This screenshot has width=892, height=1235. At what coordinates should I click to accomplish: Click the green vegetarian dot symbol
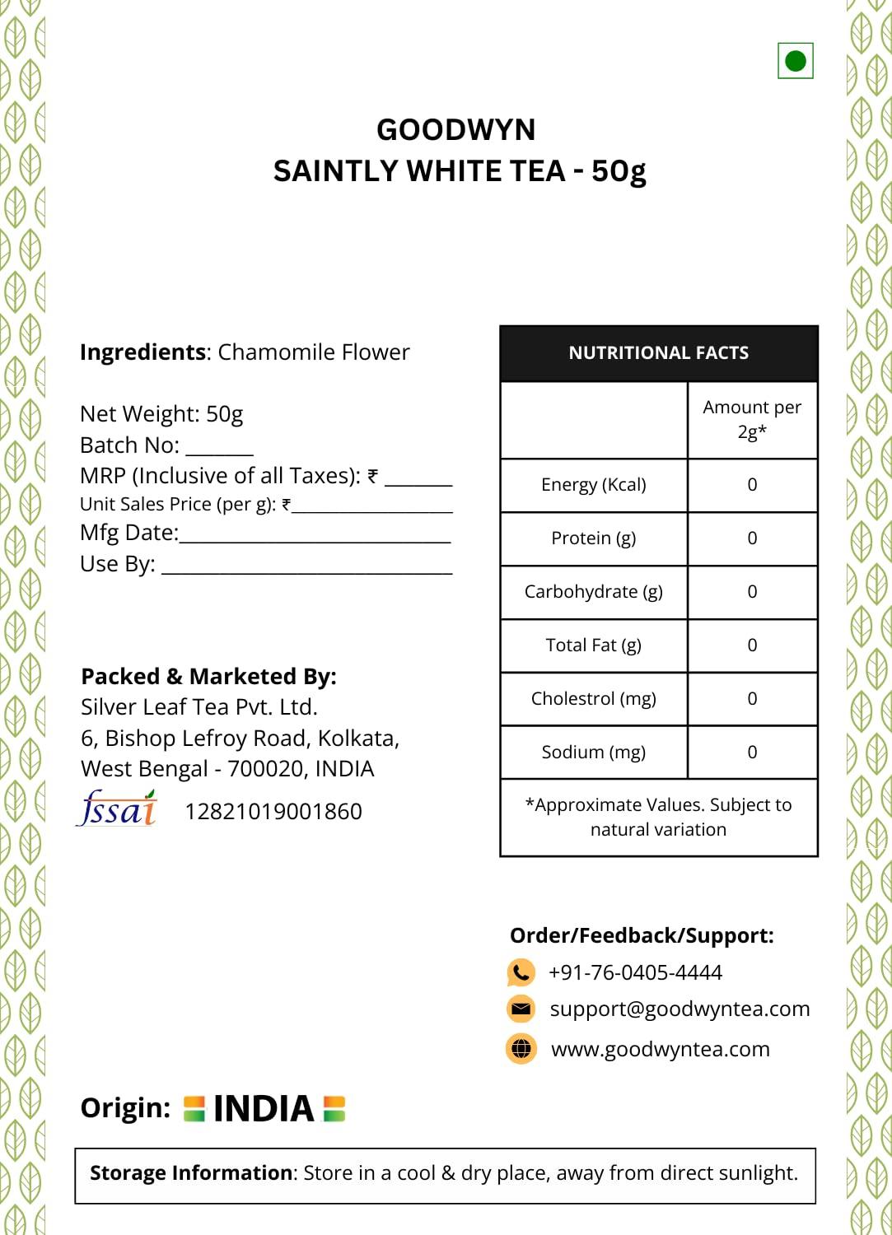pos(796,61)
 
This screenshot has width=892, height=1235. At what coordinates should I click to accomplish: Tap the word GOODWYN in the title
pos(455,130)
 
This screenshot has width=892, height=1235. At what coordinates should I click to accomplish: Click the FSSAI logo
pos(117,809)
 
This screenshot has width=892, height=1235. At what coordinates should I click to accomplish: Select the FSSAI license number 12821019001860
pos(273,812)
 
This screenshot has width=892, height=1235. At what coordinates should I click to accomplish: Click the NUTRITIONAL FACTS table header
pos(658,353)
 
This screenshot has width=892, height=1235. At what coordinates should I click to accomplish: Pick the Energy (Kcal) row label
pos(593,485)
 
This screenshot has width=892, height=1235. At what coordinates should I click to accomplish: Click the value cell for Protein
pos(752,538)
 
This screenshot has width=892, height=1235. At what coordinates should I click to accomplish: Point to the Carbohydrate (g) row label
pos(593,592)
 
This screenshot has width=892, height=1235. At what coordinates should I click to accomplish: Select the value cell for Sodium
pos(752,753)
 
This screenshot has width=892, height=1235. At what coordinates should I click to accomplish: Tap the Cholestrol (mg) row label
pos(593,699)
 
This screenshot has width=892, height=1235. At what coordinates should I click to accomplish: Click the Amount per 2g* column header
pos(752,419)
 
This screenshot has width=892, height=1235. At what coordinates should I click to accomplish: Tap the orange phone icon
pos(521,972)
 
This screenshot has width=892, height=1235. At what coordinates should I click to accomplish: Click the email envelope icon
pos(521,1009)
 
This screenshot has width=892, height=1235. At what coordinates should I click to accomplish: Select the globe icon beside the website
pos(521,1049)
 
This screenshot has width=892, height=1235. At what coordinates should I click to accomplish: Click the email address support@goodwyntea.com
pos(680,1009)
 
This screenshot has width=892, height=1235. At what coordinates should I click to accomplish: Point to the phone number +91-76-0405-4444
pos(635,973)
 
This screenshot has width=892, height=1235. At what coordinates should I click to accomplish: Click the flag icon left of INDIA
pos(194,1108)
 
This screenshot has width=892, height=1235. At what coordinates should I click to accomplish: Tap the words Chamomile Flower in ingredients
pos(313,352)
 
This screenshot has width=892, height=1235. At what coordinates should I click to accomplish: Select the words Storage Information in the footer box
pos(191,1173)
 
